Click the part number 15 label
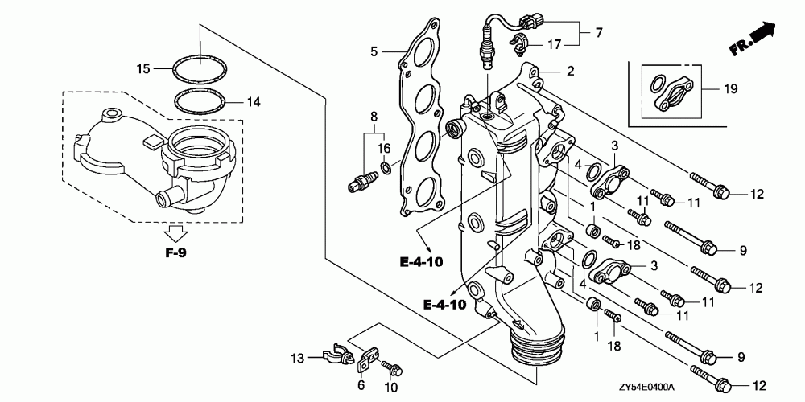click(x=143, y=69)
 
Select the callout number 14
click(x=254, y=102)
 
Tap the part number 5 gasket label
click(x=374, y=52)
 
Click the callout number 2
click(x=569, y=71)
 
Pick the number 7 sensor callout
click(x=598, y=33)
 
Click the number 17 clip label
click(x=555, y=44)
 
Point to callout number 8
click(x=373, y=117)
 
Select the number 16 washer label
click(x=384, y=148)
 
